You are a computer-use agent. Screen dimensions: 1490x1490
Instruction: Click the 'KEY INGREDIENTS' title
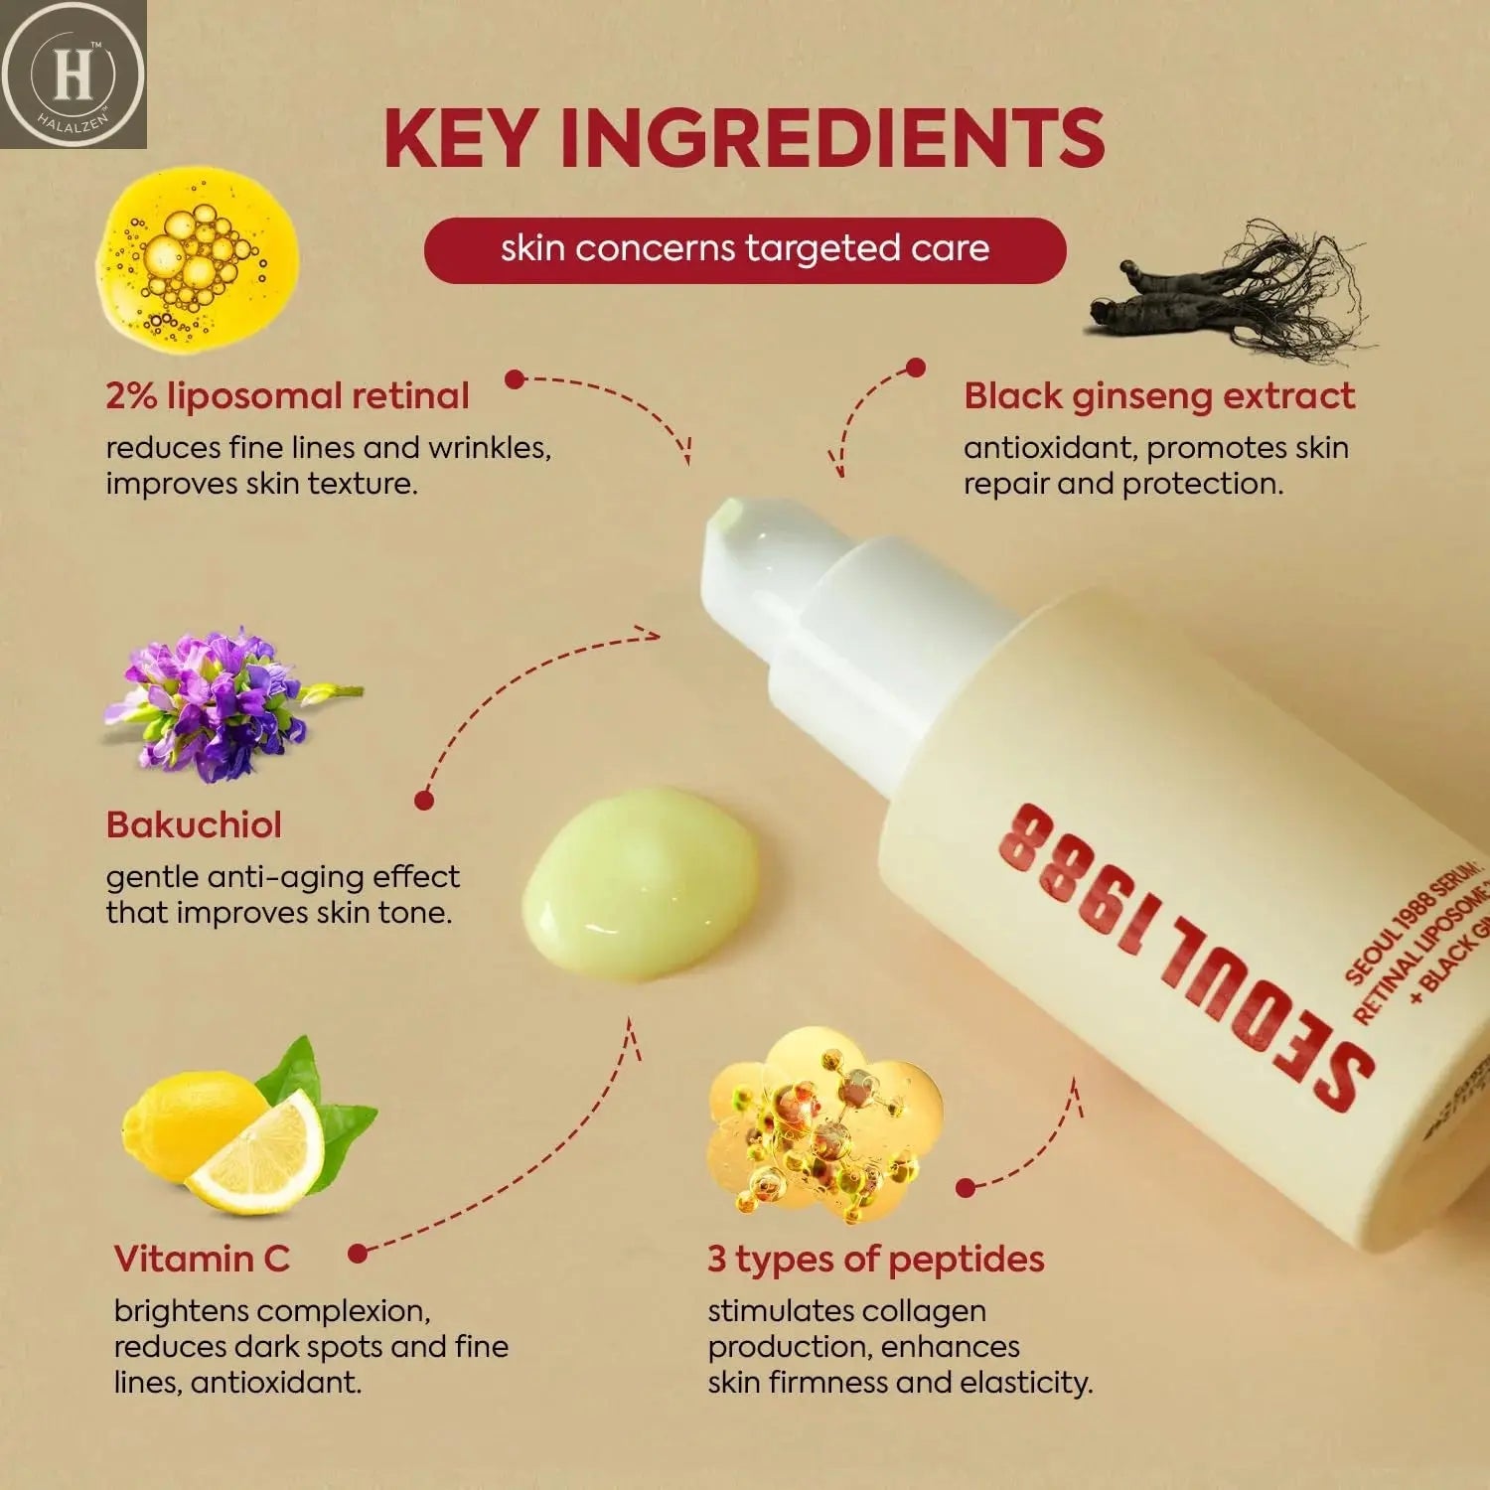(744, 138)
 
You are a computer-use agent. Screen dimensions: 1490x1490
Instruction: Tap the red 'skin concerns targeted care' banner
(744, 249)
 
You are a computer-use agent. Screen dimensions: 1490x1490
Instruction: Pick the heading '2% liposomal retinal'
(287, 396)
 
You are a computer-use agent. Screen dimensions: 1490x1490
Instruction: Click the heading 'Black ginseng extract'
(1158, 396)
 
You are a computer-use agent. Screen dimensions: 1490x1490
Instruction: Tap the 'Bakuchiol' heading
(194, 825)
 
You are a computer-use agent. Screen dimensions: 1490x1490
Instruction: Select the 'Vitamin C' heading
(202, 1259)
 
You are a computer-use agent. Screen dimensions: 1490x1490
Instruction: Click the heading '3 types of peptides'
(875, 1259)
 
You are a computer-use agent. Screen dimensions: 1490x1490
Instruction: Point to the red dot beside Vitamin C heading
(359, 1254)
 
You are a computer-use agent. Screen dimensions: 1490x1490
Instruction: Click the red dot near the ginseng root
(916, 368)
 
